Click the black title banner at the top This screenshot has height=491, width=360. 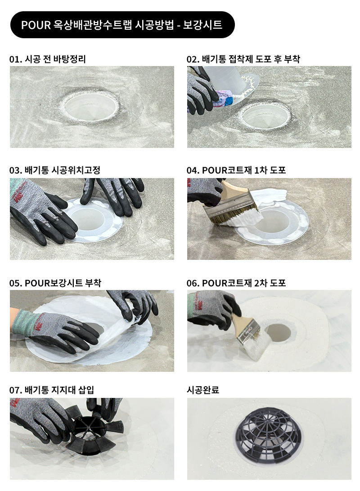pyautogui.click(x=122, y=25)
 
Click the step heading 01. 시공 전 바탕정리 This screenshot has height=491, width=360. pyautogui.click(x=48, y=59)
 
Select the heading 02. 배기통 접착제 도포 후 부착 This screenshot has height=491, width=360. pyautogui.click(x=243, y=59)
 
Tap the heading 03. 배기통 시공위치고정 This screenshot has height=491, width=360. pyautogui.click(x=55, y=170)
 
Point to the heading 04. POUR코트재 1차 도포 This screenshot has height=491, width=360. pyautogui.click(x=236, y=170)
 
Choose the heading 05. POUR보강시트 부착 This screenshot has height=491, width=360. pyautogui.click(x=55, y=283)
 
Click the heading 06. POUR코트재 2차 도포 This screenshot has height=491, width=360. pyautogui.click(x=236, y=283)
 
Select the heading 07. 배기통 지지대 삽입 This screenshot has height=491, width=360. pyautogui.click(x=52, y=390)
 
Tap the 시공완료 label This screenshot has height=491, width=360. pyautogui.click(x=202, y=390)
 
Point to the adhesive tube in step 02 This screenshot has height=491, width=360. pyautogui.click(x=223, y=96)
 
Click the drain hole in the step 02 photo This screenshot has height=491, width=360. pyautogui.click(x=265, y=117)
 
